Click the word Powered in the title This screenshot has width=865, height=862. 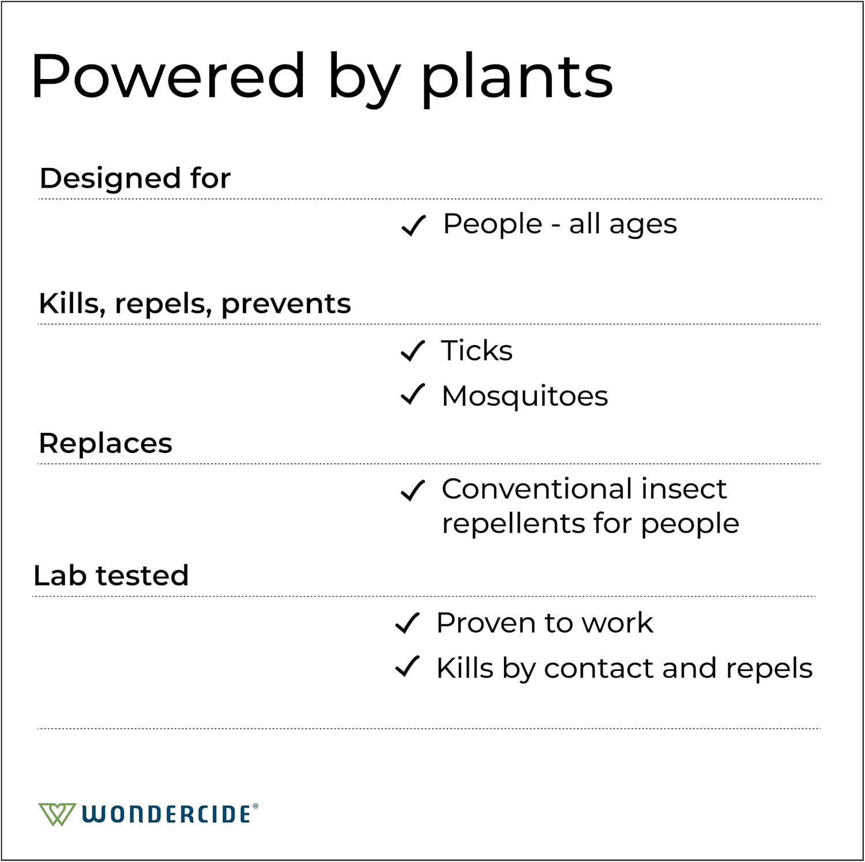[x=168, y=76]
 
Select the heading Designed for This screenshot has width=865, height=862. [x=135, y=178]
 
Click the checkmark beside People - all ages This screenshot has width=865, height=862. [x=413, y=225]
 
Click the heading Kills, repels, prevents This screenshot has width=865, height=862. [x=194, y=303]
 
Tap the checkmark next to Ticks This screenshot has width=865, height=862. [x=413, y=351]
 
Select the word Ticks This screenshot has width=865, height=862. [x=477, y=350]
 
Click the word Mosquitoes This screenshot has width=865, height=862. [x=525, y=396]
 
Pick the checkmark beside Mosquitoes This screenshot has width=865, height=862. [x=413, y=395]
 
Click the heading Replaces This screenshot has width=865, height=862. [x=106, y=443]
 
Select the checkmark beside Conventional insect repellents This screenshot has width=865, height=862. [x=413, y=490]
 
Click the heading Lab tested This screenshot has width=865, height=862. [x=111, y=575]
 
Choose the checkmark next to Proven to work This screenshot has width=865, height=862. [x=408, y=623]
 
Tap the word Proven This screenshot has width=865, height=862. [x=486, y=623]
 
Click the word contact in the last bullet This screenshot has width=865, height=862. [x=599, y=668]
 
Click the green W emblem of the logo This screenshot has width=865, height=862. [x=57, y=814]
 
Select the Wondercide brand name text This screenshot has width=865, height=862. [x=167, y=814]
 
